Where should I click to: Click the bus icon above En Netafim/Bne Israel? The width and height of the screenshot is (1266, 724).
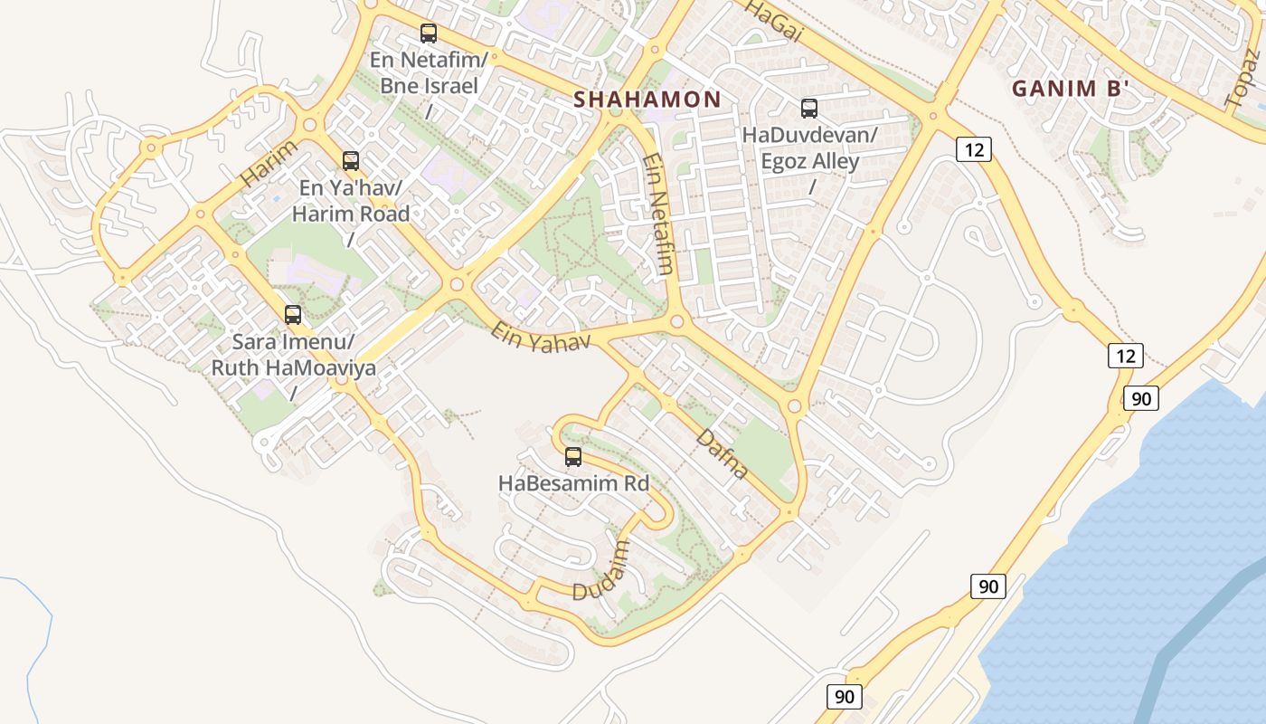click(429, 33)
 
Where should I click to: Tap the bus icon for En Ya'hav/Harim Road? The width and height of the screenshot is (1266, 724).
click(351, 161)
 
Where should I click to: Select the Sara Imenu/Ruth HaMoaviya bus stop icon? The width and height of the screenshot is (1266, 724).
click(293, 315)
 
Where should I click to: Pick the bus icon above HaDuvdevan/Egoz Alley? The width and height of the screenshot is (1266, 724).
click(809, 109)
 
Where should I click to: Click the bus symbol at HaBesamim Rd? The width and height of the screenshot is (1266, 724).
click(573, 456)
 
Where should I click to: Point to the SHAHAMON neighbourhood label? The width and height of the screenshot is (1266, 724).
click(647, 100)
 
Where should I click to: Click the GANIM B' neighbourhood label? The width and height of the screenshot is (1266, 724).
click(1072, 89)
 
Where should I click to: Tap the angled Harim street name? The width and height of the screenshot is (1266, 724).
click(269, 163)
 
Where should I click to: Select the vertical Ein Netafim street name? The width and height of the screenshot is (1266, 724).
click(658, 214)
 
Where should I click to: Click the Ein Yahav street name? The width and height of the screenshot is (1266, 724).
click(542, 335)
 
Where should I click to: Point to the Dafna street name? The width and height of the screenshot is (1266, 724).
click(723, 453)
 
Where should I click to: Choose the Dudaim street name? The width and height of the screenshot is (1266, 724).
click(600, 571)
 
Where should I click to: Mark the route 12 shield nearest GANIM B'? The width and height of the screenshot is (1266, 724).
click(973, 148)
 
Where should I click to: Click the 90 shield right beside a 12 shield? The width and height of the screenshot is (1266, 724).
click(1141, 397)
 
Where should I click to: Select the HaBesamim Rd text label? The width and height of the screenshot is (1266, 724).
click(573, 483)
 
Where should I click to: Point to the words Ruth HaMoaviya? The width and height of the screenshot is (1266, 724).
click(294, 367)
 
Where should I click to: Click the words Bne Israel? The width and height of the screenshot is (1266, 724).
click(428, 87)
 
